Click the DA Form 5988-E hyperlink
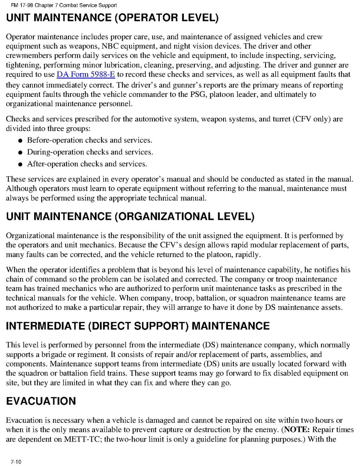click(x=86, y=74)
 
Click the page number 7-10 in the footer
click(x=16, y=462)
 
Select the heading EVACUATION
click(x=41, y=401)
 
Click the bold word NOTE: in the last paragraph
click(x=297, y=430)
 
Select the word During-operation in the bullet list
click(x=55, y=152)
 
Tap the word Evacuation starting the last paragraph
click(x=24, y=420)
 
